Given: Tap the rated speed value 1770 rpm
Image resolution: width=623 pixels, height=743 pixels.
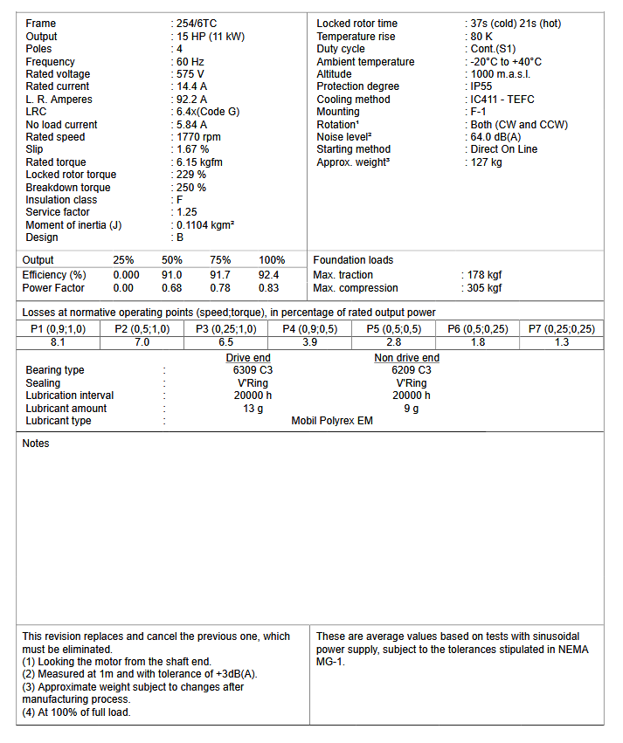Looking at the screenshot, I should pyautogui.click(x=199, y=137).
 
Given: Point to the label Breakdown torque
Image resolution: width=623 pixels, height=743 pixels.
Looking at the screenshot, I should pyautogui.click(x=68, y=188).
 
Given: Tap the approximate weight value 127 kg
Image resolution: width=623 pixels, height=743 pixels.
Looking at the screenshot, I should pyautogui.click(x=487, y=162).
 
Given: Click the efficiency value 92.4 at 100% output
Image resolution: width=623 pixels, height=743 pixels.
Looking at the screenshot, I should pyautogui.click(x=268, y=275).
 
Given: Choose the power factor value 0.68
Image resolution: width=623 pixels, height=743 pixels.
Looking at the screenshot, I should pyautogui.click(x=172, y=288).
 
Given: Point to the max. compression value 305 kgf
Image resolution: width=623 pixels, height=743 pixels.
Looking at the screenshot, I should pyautogui.click(x=485, y=288).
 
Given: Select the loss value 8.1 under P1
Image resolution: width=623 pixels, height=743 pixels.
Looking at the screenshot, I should pyautogui.click(x=59, y=342).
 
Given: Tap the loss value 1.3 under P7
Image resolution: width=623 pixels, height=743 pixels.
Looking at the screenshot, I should pyautogui.click(x=562, y=342).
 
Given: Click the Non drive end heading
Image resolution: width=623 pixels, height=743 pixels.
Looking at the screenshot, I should pyautogui.click(x=406, y=358).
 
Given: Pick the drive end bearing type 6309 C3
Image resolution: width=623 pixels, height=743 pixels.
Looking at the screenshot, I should pyautogui.click(x=248, y=370).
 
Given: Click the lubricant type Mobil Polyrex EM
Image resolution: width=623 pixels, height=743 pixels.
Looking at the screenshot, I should pyautogui.click(x=332, y=421).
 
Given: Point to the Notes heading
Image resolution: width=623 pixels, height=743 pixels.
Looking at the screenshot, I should pyautogui.click(x=36, y=444).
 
